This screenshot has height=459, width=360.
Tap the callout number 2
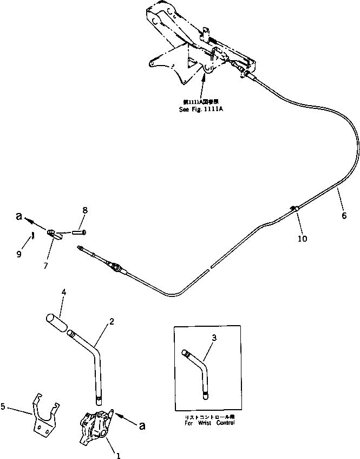111,321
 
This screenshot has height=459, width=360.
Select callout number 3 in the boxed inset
214,338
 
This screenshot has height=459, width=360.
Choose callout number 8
85,209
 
